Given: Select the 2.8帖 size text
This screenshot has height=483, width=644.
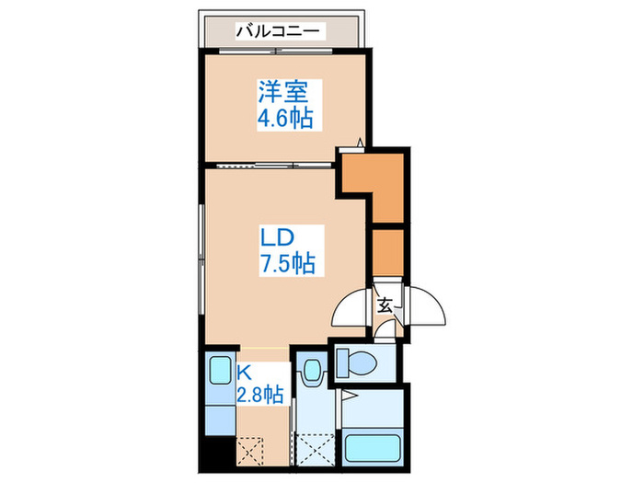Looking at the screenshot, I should [x=260, y=397].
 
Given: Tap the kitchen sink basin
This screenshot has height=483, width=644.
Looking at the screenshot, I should [x=219, y=372].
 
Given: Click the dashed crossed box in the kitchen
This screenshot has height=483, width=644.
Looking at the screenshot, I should [x=251, y=451].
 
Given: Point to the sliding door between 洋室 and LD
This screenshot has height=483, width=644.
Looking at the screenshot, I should [x=271, y=166].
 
